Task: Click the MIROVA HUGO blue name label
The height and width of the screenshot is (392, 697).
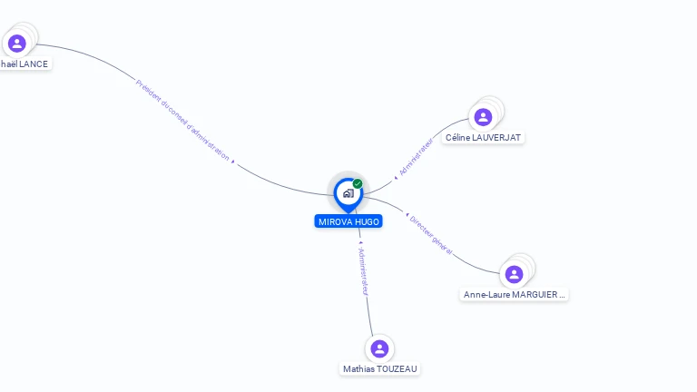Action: tap(348, 221)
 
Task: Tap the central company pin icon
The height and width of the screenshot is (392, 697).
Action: tap(348, 193)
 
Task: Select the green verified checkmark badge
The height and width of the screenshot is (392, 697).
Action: tap(358, 183)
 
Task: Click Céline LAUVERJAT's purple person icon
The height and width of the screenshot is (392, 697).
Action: tap(483, 117)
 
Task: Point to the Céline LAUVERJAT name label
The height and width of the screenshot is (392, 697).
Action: tap(484, 138)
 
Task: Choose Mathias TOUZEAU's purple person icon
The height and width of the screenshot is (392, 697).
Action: tap(379, 348)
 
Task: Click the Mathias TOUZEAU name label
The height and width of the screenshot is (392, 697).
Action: tap(380, 369)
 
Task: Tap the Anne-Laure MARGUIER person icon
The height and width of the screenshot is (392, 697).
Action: tap(514, 274)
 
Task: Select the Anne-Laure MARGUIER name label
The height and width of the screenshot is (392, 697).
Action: tap(515, 295)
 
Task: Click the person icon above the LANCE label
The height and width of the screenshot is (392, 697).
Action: tap(16, 43)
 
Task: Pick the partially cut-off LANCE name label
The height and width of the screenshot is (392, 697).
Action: tap(24, 64)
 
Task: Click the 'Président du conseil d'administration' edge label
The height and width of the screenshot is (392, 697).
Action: tap(182, 120)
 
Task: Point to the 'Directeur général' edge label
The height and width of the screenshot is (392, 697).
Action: tap(430, 235)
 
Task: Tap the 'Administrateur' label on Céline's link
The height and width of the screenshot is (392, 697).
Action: tap(416, 156)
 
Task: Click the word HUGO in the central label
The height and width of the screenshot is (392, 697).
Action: tap(367, 221)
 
